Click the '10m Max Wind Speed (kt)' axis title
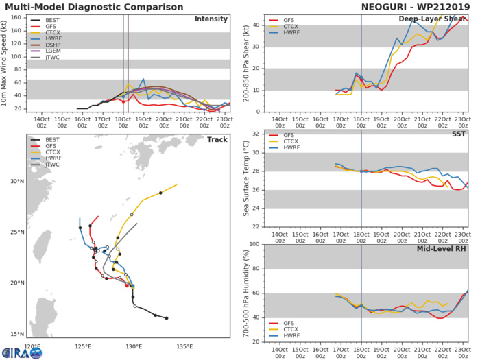6,62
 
